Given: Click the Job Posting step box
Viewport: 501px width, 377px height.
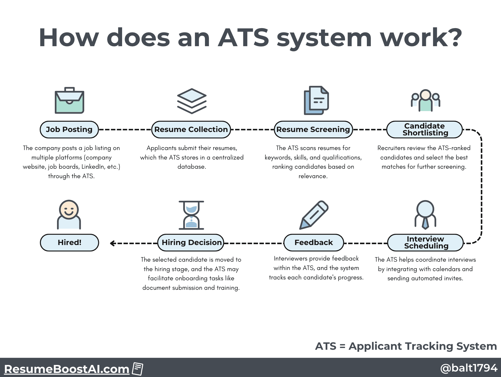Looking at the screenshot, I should [69, 129].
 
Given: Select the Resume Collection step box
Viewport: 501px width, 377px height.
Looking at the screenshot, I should [191, 129].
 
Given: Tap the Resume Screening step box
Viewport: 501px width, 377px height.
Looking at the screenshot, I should [313, 129].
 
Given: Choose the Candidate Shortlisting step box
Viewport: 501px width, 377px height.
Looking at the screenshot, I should [424, 129].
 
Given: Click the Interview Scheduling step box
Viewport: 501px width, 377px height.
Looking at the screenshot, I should [425, 242].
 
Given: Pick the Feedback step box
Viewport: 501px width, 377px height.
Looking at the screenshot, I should [314, 242].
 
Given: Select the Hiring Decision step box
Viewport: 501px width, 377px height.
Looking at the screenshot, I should [191, 242].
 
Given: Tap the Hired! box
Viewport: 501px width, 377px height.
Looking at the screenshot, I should [69, 242].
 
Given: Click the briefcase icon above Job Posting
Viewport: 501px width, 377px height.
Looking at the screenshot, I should [69, 100].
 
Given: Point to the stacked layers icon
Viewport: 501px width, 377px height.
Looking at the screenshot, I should [192, 101].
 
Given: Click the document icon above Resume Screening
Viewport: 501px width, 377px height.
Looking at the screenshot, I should [316, 100].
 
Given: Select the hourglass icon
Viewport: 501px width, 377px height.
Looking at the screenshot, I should [191, 215].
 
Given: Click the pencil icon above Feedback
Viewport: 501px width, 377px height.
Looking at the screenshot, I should [314, 215].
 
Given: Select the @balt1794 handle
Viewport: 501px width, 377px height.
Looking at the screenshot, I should [469, 368].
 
